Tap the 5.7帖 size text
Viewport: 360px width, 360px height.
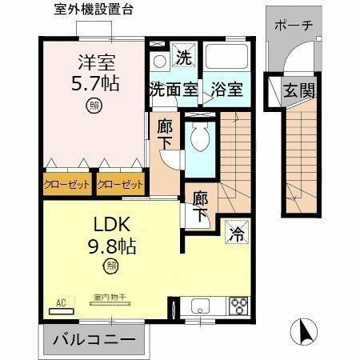point(94,82)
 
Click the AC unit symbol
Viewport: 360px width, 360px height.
point(60,302)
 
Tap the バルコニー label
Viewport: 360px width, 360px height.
point(93,339)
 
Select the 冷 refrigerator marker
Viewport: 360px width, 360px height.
point(237,234)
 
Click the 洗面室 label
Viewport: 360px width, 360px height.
point(173,90)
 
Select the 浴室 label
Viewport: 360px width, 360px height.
point(227,90)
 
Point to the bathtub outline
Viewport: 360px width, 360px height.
point(226,58)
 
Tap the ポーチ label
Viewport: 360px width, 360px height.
point(293,25)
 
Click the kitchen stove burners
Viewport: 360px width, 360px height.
point(239,305)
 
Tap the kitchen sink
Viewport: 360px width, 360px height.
point(199,305)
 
